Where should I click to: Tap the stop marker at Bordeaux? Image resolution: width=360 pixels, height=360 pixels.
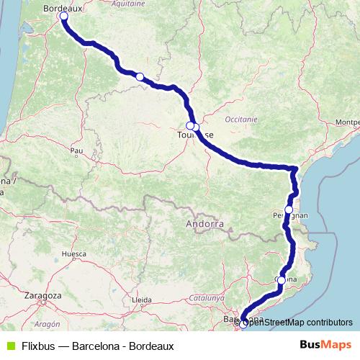pos(63,16)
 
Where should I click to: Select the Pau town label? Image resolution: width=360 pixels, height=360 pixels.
pos(77,150)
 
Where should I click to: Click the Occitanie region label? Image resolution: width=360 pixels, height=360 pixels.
pos(240,118)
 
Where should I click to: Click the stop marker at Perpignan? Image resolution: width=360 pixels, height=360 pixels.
pos(289,210)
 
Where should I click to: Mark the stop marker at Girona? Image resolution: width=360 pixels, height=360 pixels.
pos(282,280)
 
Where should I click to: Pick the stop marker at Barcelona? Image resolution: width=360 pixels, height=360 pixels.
pos(243,324)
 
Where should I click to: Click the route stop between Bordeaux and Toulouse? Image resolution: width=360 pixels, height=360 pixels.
pos(140,77)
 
